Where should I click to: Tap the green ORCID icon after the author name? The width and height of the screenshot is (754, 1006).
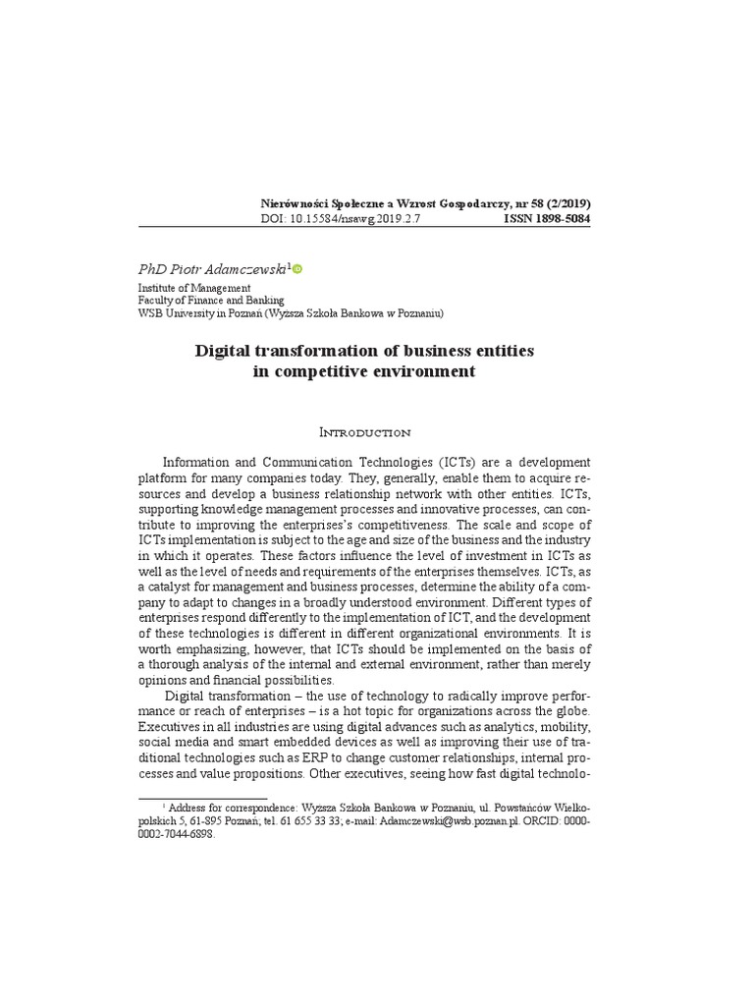pyautogui.click(x=298, y=268)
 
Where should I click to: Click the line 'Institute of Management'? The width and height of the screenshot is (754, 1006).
pyautogui.click(x=193, y=288)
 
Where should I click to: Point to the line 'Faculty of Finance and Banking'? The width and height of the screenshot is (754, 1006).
pyautogui.click(x=211, y=301)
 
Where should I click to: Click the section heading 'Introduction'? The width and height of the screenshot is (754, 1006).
pyautogui.click(x=364, y=431)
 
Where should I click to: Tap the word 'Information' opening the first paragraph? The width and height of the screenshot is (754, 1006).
pyautogui.click(x=197, y=461)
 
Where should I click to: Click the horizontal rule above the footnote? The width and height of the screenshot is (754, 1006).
pyautogui.click(x=202, y=799)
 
